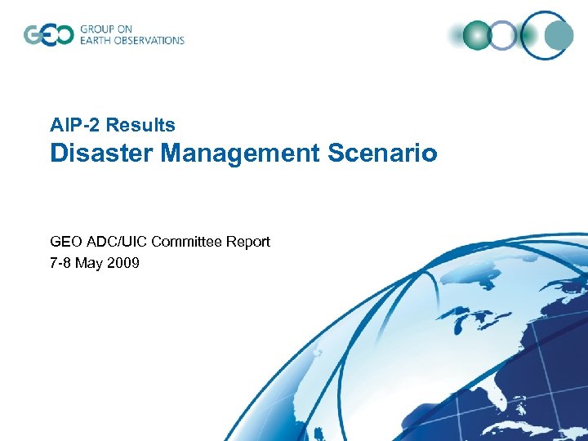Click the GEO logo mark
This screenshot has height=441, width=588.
pyautogui.click(x=48, y=35)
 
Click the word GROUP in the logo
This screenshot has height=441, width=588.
pyautogui.click(x=96, y=29)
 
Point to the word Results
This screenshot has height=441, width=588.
pyautogui.click(x=140, y=125)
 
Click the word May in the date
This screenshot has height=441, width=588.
pyautogui.click(x=91, y=263)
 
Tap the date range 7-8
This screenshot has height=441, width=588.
pyautogui.click(x=62, y=263)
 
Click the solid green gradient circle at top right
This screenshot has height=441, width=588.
pyautogui.click(x=476, y=35)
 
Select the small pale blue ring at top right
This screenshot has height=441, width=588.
pyautogui.click(x=503, y=35)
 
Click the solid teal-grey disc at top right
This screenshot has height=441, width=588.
pyautogui.click(x=559, y=34)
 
